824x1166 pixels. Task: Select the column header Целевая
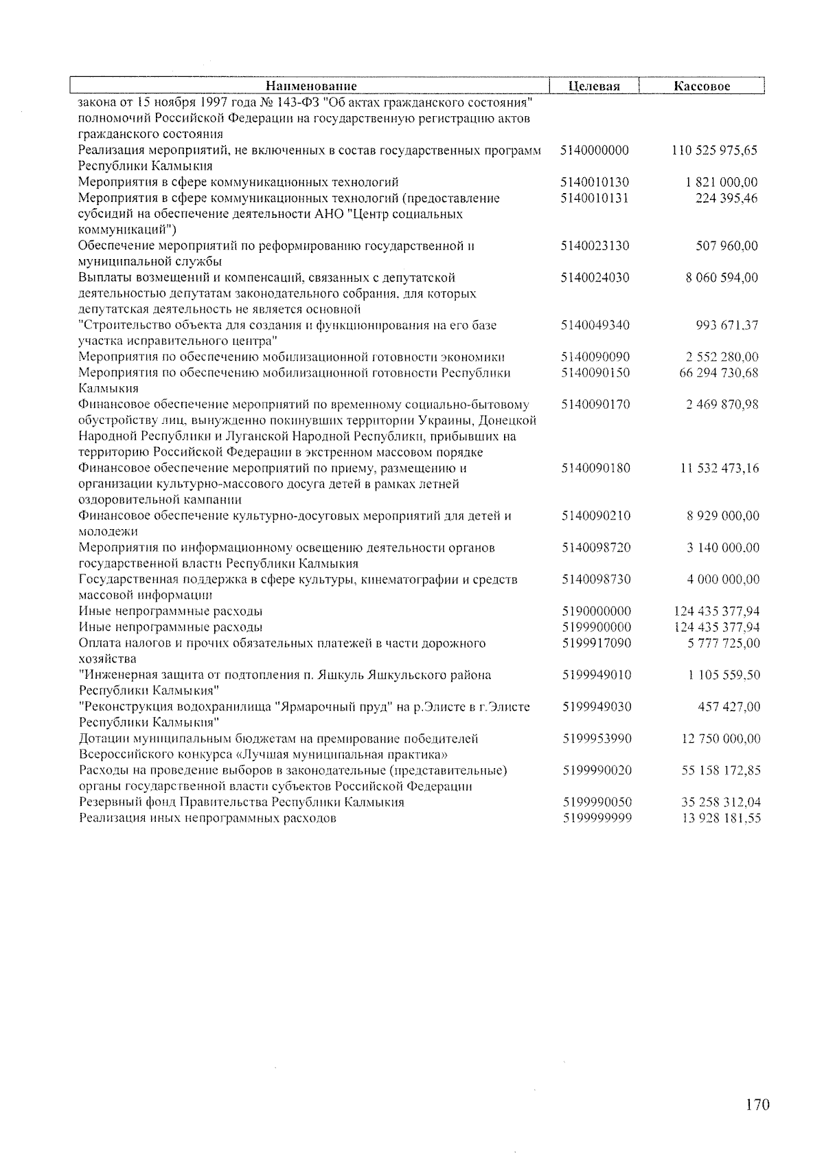(x=595, y=87)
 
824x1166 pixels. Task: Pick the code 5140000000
(x=595, y=150)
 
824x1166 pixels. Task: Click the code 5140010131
(x=595, y=199)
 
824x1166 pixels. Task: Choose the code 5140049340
(x=595, y=325)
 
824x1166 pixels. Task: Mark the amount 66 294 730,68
(x=718, y=373)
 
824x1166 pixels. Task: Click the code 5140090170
(x=595, y=405)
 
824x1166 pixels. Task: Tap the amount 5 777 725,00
(x=724, y=643)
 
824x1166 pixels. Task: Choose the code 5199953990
(x=597, y=739)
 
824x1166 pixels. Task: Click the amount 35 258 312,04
(x=721, y=803)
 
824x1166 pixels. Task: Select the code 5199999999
(x=597, y=818)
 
